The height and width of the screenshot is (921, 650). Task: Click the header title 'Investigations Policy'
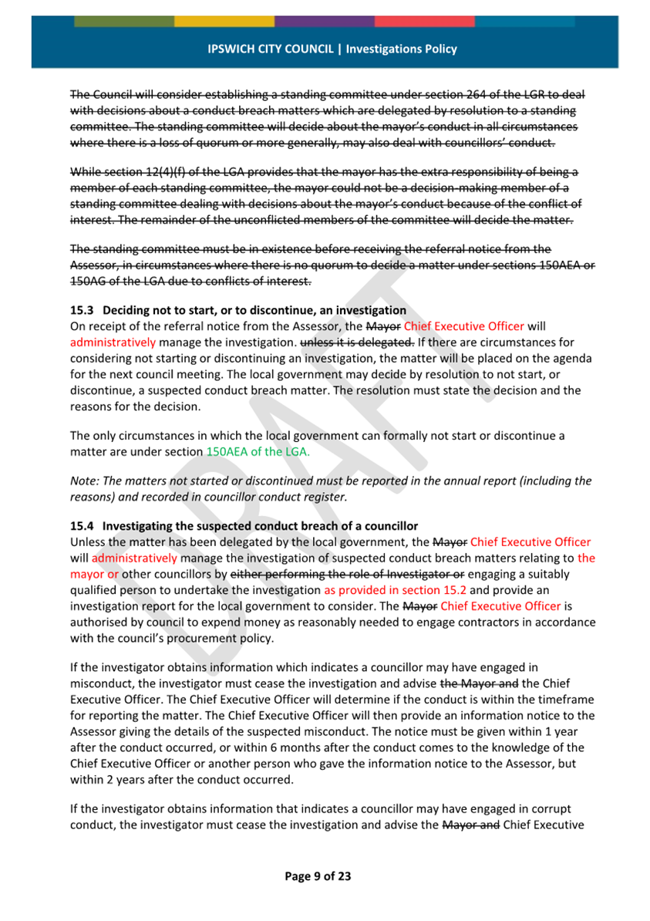tap(401, 49)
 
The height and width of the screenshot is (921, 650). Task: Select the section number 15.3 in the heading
tap(80, 310)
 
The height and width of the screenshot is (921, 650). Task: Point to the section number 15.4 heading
tap(80, 527)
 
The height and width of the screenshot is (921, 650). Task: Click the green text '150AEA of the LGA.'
tap(258, 452)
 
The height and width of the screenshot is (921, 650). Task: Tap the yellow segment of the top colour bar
tap(224, 21)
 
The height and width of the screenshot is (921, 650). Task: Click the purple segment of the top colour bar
tap(324, 21)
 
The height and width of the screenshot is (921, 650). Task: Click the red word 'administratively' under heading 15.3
tap(113, 342)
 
